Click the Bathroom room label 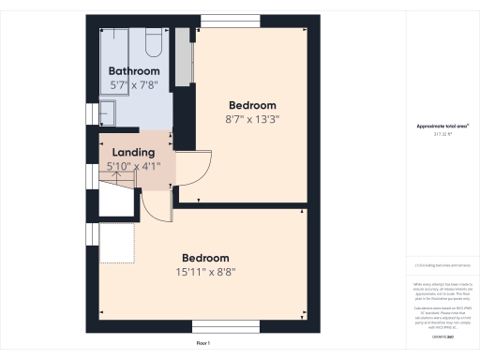coord(134,71)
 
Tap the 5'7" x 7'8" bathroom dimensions coord(134,85)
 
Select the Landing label coord(134,152)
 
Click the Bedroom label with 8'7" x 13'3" coord(253,105)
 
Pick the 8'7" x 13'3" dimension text coord(253,119)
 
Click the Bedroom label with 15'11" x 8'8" coord(206,258)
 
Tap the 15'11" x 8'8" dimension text coord(206,272)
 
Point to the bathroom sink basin coord(106,112)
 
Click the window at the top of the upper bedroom coord(232,21)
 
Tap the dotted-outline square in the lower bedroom coord(117,242)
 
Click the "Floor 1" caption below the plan coord(202,344)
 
